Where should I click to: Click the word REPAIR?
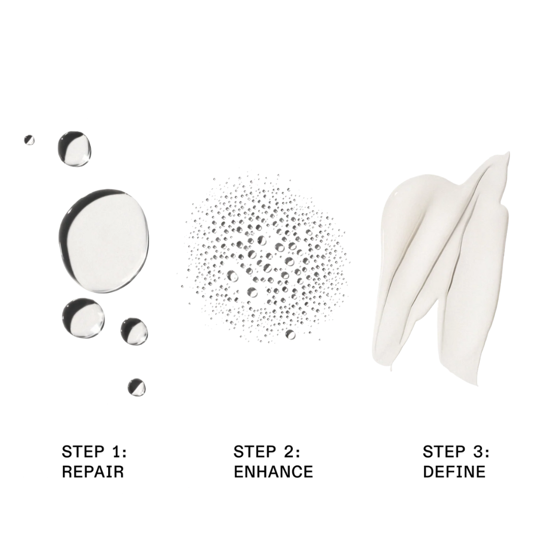click(x=93, y=472)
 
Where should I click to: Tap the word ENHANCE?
click(x=273, y=472)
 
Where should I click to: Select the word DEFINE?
click(x=454, y=472)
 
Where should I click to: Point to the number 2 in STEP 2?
click(x=289, y=451)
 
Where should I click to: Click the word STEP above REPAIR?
click(x=80, y=451)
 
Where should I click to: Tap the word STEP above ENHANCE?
click(x=252, y=451)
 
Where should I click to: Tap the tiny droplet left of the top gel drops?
click(x=29, y=140)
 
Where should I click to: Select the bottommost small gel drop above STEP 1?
click(x=136, y=387)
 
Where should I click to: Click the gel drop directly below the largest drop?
click(x=83, y=318)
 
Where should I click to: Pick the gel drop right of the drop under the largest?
click(x=134, y=331)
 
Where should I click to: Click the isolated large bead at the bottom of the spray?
click(x=290, y=334)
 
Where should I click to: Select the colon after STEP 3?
click(x=487, y=452)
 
